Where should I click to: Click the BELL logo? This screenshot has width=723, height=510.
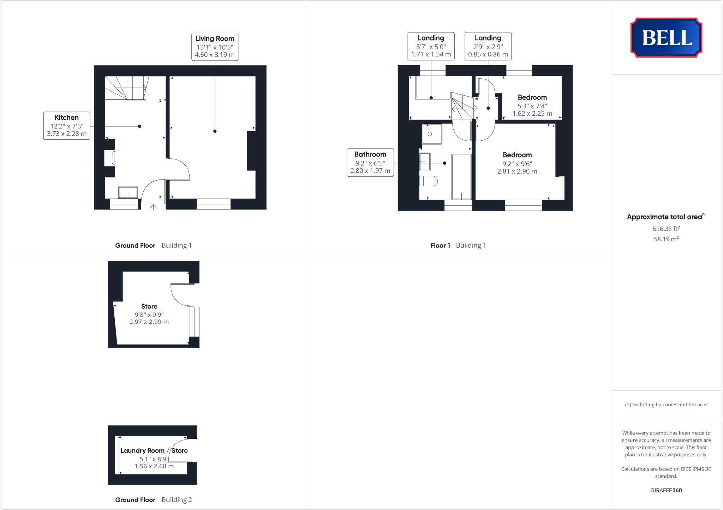(x=666, y=38)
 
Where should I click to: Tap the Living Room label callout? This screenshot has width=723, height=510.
(x=215, y=47)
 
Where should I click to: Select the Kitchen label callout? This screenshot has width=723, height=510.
(x=67, y=126)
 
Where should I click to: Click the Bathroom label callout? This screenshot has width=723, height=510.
(x=370, y=163)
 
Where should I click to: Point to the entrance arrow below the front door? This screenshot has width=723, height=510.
(x=153, y=207)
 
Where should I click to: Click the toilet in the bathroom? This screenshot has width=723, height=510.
(x=428, y=181)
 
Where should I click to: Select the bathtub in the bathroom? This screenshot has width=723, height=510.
(x=461, y=177)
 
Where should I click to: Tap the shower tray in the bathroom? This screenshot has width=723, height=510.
(x=432, y=134)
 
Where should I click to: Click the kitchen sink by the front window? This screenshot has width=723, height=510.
(x=128, y=193)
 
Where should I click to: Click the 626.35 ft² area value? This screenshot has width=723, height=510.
(x=666, y=229)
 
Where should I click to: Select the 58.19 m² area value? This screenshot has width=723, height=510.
(x=666, y=239)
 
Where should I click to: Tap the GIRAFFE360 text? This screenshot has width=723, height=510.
(x=666, y=490)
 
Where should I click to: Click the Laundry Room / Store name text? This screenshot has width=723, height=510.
(x=154, y=450)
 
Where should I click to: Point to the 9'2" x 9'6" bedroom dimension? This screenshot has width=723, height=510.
(x=517, y=164)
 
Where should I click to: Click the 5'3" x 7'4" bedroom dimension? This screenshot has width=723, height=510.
(x=532, y=106)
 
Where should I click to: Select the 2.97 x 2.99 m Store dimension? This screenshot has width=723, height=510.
(x=149, y=322)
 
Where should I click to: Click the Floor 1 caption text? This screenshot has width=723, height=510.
(x=440, y=245)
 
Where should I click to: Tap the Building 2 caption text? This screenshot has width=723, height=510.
(x=177, y=500)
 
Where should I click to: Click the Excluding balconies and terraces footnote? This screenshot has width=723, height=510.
(x=666, y=405)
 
